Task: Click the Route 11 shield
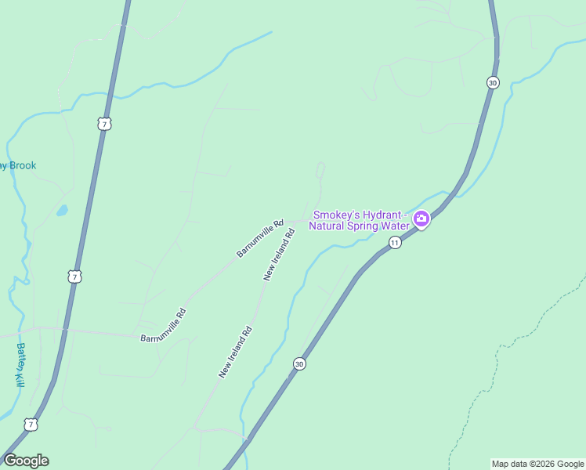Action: (395, 243)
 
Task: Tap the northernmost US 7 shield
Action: (104, 124)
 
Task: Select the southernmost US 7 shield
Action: (31, 425)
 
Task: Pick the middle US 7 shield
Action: (74, 277)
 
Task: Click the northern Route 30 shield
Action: (492, 82)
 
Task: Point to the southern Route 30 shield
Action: (299, 363)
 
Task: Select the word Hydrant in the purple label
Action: (382, 215)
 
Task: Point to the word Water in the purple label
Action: (395, 226)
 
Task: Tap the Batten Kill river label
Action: (20, 365)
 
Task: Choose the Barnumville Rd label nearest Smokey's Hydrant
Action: (260, 239)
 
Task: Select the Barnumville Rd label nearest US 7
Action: (164, 326)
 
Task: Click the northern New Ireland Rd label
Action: (280, 255)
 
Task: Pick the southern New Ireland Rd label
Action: (235, 352)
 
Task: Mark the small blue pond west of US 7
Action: (62, 211)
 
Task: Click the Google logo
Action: (26, 461)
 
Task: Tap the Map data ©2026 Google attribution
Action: (537, 464)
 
